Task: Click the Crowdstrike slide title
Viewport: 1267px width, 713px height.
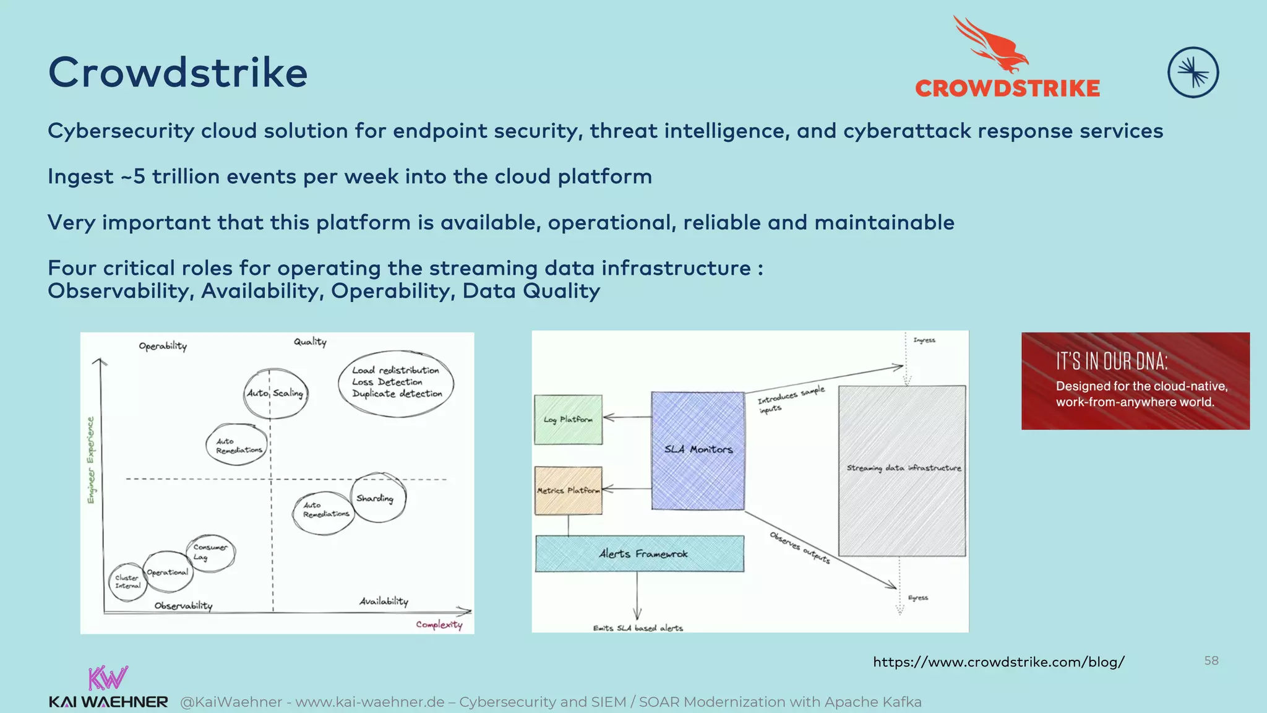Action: (178, 73)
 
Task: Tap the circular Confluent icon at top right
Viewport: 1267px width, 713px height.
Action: (1193, 72)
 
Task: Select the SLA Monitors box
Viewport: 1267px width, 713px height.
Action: (698, 451)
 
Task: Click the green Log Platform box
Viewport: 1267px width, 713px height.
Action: (568, 420)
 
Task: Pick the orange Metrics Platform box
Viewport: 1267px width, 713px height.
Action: (568, 491)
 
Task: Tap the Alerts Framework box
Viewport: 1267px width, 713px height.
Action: (640, 554)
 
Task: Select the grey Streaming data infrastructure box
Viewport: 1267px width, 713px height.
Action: (902, 470)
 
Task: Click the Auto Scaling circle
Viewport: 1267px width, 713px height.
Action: (275, 393)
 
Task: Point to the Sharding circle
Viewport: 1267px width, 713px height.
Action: (379, 498)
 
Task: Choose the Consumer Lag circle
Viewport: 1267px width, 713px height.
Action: (210, 552)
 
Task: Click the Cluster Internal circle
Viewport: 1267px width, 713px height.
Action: (127, 582)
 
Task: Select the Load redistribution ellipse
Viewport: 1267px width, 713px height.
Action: (396, 382)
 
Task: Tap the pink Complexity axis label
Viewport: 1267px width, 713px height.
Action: (439, 624)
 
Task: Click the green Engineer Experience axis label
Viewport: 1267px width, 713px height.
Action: (91, 460)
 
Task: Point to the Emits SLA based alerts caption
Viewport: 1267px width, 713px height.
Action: (638, 628)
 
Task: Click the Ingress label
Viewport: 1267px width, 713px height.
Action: (924, 340)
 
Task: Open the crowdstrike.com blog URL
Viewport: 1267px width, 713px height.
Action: (999, 662)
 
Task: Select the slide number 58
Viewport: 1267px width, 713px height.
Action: (1211, 660)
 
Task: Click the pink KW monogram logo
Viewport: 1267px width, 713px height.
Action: (108, 678)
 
